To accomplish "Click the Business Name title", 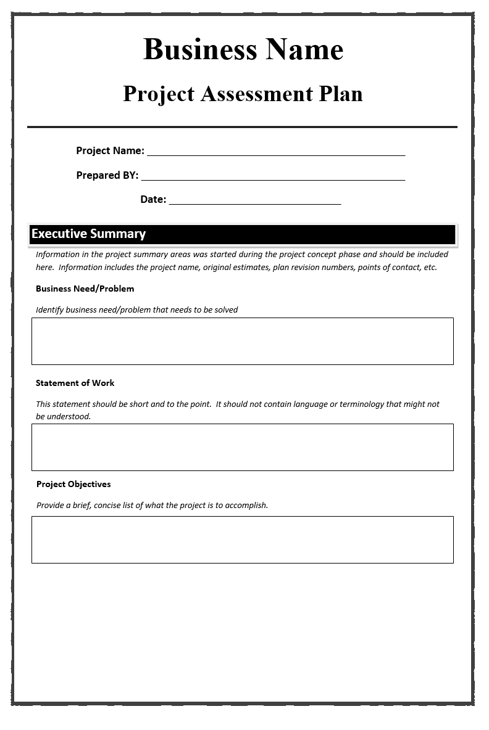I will click(243, 49).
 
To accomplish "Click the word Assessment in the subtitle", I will click(256, 94).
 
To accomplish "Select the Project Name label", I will click(110, 150).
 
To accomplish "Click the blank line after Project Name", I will click(276, 151).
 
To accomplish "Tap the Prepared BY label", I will click(107, 175).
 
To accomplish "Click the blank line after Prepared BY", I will click(273, 176).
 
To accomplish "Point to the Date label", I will click(153, 199).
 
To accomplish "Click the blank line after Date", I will click(255, 200).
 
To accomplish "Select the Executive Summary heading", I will click(88, 234).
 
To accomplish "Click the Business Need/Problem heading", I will click(85, 289).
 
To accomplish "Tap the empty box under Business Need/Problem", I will click(242, 341).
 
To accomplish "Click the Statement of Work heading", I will click(75, 383).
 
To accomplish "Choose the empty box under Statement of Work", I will click(242, 447).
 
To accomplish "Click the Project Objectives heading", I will click(73, 484).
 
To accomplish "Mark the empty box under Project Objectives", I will click(242, 539).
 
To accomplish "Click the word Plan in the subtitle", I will click(340, 94).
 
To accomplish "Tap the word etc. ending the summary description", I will click(430, 268).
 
